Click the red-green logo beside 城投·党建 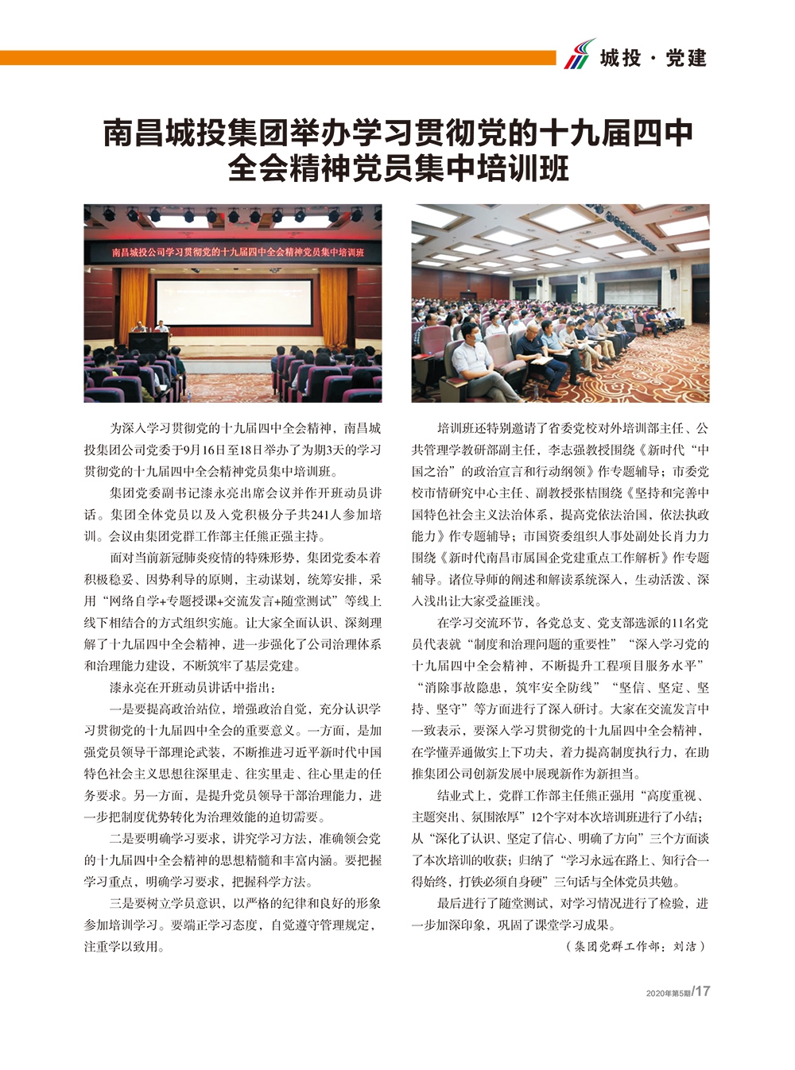579,54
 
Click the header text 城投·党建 653,58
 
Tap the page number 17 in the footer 702,991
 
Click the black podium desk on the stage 149,342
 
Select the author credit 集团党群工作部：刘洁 635,946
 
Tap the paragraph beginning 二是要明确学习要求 232,859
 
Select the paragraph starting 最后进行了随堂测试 560,914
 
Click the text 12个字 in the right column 553,817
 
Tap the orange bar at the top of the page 278,58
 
